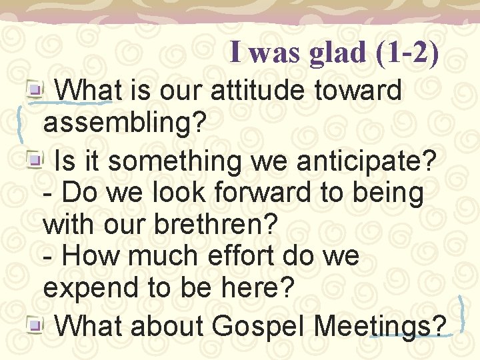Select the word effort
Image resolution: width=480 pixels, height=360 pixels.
tap(239, 256)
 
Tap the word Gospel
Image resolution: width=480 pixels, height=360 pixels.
tap(260, 326)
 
